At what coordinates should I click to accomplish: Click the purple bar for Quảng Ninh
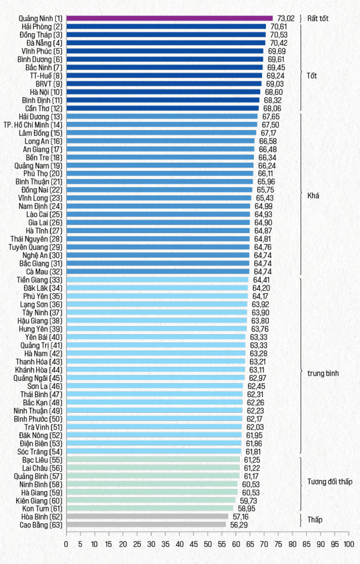pyautogui.click(x=169, y=18)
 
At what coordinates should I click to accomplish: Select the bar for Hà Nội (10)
pyautogui.click(x=163, y=92)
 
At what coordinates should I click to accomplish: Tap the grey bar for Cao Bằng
pyautogui.click(x=146, y=525)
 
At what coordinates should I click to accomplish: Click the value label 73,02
pyautogui.click(x=286, y=18)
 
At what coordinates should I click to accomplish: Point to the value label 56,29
pyautogui.click(x=239, y=525)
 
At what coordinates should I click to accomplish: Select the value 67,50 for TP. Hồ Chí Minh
pyautogui.click(x=270, y=125)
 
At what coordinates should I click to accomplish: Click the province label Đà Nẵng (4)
pyautogui.click(x=44, y=43)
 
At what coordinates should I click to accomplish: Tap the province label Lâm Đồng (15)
pyautogui.click(x=41, y=133)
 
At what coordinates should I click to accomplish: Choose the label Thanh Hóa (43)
pyautogui.click(x=39, y=362)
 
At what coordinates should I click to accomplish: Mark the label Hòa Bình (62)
pyautogui.click(x=42, y=517)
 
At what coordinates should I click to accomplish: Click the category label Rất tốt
pyautogui.click(x=318, y=18)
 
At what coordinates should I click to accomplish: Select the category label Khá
pyautogui.click(x=313, y=196)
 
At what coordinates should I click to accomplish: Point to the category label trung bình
pyautogui.click(x=323, y=373)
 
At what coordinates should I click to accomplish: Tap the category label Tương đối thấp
pyautogui.click(x=330, y=482)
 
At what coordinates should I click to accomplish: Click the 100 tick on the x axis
pyautogui.click(x=349, y=544)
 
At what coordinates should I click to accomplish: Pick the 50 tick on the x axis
pyautogui.click(x=208, y=544)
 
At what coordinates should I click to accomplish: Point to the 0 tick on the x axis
pyautogui.click(x=66, y=544)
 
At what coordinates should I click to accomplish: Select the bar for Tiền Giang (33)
pyautogui.click(x=157, y=280)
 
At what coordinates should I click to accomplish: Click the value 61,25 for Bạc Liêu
pyautogui.click(x=252, y=460)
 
